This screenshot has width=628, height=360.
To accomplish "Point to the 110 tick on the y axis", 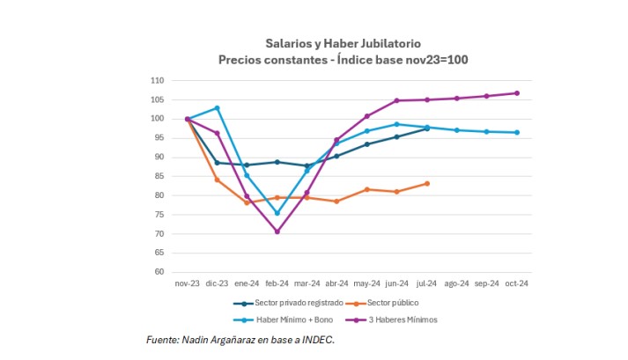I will (158, 80).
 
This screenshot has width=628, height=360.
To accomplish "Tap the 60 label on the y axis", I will (159, 272).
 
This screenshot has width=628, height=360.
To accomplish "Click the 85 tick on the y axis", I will (159, 176).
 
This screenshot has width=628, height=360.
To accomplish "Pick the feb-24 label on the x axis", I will (277, 283).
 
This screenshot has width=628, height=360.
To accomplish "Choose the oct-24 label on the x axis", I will (516, 283).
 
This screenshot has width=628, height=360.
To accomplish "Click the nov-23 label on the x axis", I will (188, 283).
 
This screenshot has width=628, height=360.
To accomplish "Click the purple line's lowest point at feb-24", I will (277, 231).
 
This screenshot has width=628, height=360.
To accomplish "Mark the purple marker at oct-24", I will (516, 93).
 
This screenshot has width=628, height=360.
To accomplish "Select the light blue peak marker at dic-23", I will (218, 108).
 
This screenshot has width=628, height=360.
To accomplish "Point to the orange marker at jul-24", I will (427, 183).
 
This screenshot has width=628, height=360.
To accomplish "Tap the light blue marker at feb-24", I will (277, 213).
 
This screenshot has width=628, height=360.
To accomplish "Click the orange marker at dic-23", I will (218, 180).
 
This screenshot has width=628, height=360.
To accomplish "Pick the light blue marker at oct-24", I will (516, 133).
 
